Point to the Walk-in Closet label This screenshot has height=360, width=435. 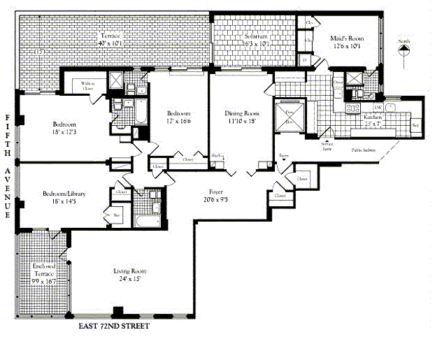tap(88, 86)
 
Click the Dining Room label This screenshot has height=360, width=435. tap(242, 113)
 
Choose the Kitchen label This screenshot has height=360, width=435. tap(373, 117)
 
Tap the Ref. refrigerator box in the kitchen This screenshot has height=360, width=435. tap(415, 126)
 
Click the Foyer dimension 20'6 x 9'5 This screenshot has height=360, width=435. tap(215, 199)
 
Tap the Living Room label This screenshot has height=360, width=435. tap(130, 271)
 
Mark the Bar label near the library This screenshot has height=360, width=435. tap(115, 217)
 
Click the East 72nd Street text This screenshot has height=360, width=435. tap(115, 325)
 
